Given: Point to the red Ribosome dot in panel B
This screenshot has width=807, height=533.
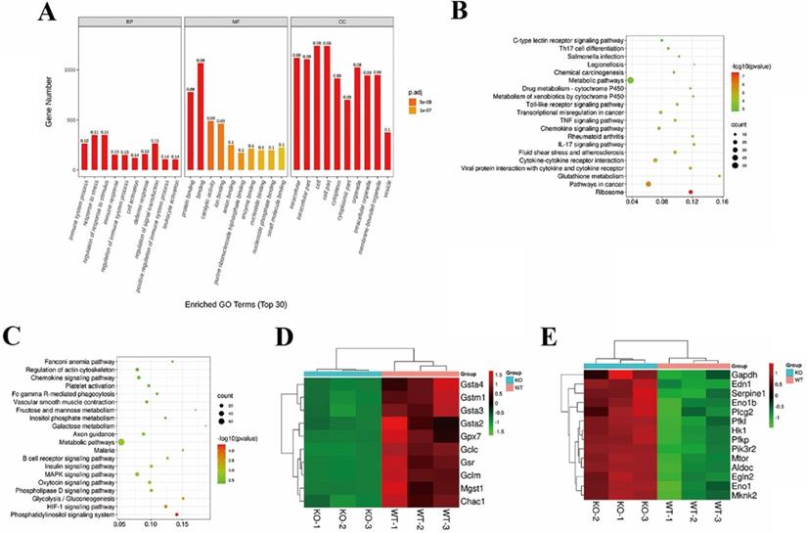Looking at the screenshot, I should pyautogui.click(x=691, y=193).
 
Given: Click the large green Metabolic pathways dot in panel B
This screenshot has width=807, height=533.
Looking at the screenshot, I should pyautogui.click(x=631, y=79).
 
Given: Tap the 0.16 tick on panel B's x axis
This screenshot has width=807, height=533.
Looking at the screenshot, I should pyautogui.click(x=722, y=201).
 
